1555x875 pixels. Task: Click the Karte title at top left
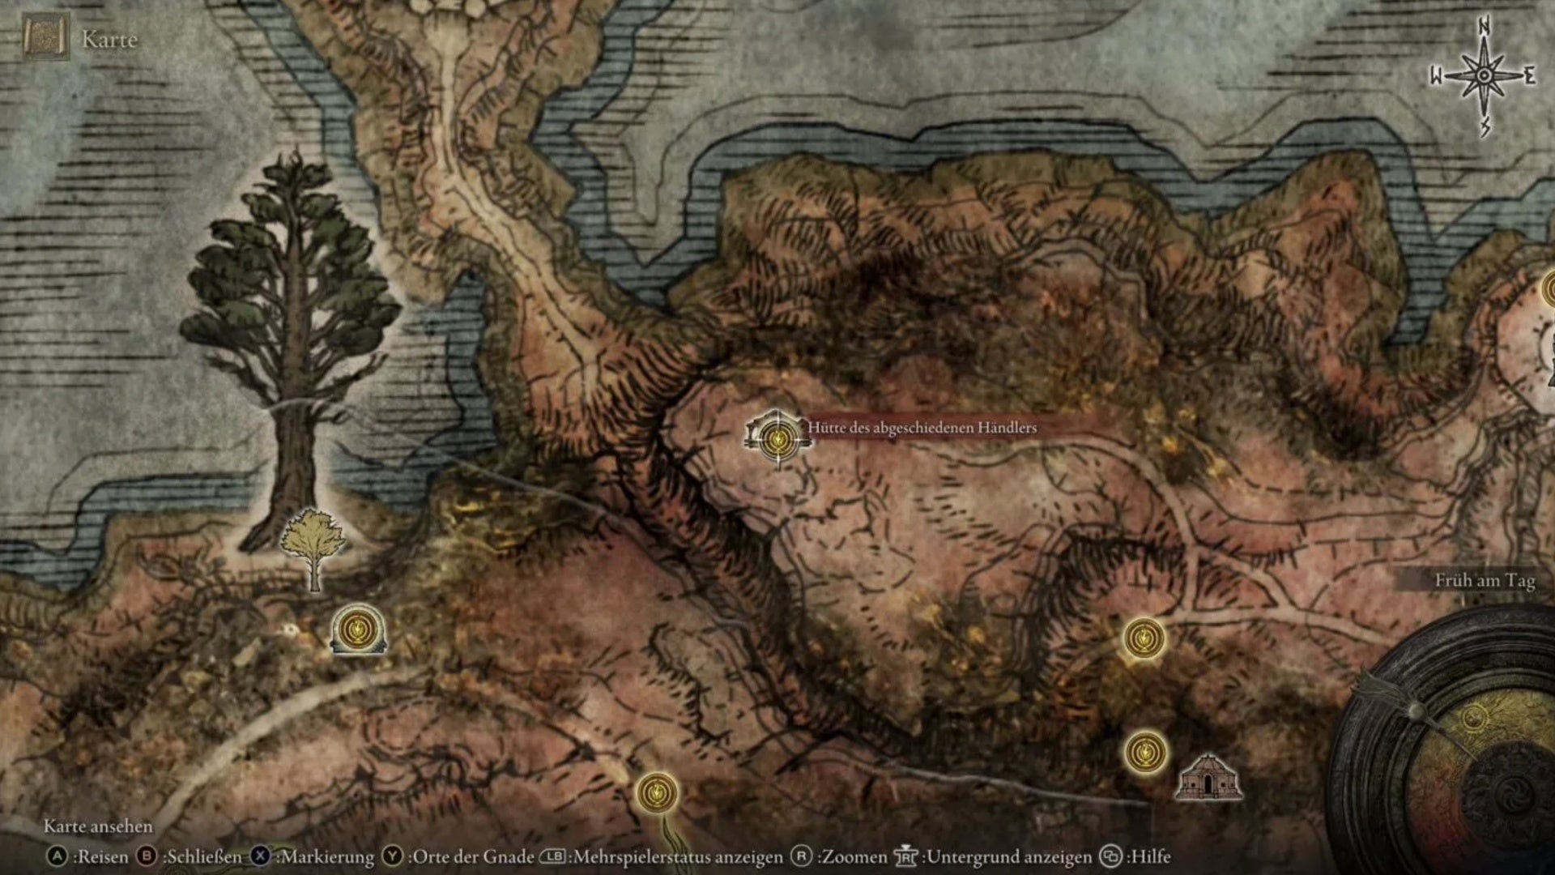pyautogui.click(x=109, y=39)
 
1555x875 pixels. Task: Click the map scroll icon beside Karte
pyautogui.click(x=46, y=37)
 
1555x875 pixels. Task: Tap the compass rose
pyautogui.click(x=1484, y=76)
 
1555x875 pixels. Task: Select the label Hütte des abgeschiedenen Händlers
pyautogui.click(x=922, y=428)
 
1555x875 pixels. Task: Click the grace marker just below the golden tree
pyautogui.click(x=357, y=629)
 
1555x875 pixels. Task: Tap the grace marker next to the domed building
pyautogui.click(x=1145, y=752)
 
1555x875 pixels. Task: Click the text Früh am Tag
pyautogui.click(x=1485, y=580)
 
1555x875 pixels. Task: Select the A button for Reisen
pyautogui.click(x=57, y=856)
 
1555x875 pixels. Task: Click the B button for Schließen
pyautogui.click(x=147, y=856)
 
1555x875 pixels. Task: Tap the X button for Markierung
pyautogui.click(x=260, y=856)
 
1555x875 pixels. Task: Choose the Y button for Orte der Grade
pyautogui.click(x=393, y=856)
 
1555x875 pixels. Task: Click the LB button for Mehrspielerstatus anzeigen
pyautogui.click(x=552, y=856)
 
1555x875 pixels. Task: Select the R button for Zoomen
pyautogui.click(x=801, y=856)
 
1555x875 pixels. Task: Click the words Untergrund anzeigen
pyautogui.click(x=1009, y=856)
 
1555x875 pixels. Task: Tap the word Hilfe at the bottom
pyautogui.click(x=1150, y=856)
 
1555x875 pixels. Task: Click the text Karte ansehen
pyautogui.click(x=98, y=826)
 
